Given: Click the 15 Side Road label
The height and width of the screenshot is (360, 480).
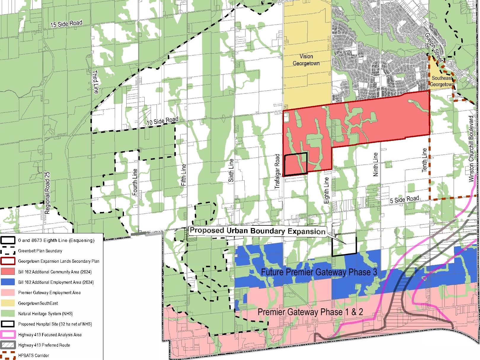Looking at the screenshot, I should click(x=66, y=24).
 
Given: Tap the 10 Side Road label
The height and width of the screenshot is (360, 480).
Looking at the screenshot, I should click(x=162, y=121).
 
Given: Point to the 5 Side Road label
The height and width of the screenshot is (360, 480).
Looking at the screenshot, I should click(x=404, y=200).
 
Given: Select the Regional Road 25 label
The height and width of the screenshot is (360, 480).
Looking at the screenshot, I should click(x=47, y=193).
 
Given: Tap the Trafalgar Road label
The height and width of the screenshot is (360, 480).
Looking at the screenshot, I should click(x=277, y=171).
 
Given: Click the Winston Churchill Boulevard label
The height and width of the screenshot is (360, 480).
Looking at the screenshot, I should click(x=471, y=149).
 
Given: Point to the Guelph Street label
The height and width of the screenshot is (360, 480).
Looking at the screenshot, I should click(x=433, y=47).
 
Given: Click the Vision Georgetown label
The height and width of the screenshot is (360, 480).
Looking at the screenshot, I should click(x=306, y=60).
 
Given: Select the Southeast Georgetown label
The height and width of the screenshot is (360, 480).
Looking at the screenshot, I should click(x=442, y=81).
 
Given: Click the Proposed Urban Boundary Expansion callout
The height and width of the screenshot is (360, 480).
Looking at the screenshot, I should click(x=257, y=231).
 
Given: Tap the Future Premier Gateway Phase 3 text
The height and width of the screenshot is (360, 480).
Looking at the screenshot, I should click(x=318, y=272).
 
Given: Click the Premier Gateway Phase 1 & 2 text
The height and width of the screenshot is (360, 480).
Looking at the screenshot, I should click(x=310, y=312).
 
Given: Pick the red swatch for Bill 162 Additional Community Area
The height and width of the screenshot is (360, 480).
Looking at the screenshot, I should click(x=8, y=272).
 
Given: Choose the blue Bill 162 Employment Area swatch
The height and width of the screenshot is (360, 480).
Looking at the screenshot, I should click(x=8, y=282).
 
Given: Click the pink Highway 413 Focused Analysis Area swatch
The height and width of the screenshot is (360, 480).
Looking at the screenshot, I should click(x=8, y=334).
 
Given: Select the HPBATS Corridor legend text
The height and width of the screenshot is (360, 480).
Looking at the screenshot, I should click(x=34, y=355).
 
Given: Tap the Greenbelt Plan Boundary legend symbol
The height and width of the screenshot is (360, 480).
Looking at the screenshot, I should click(x=8, y=251).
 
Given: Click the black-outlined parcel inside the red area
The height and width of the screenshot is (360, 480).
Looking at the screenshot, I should click(x=296, y=164).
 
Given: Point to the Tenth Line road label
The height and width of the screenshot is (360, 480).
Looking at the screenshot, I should click(x=425, y=160).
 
